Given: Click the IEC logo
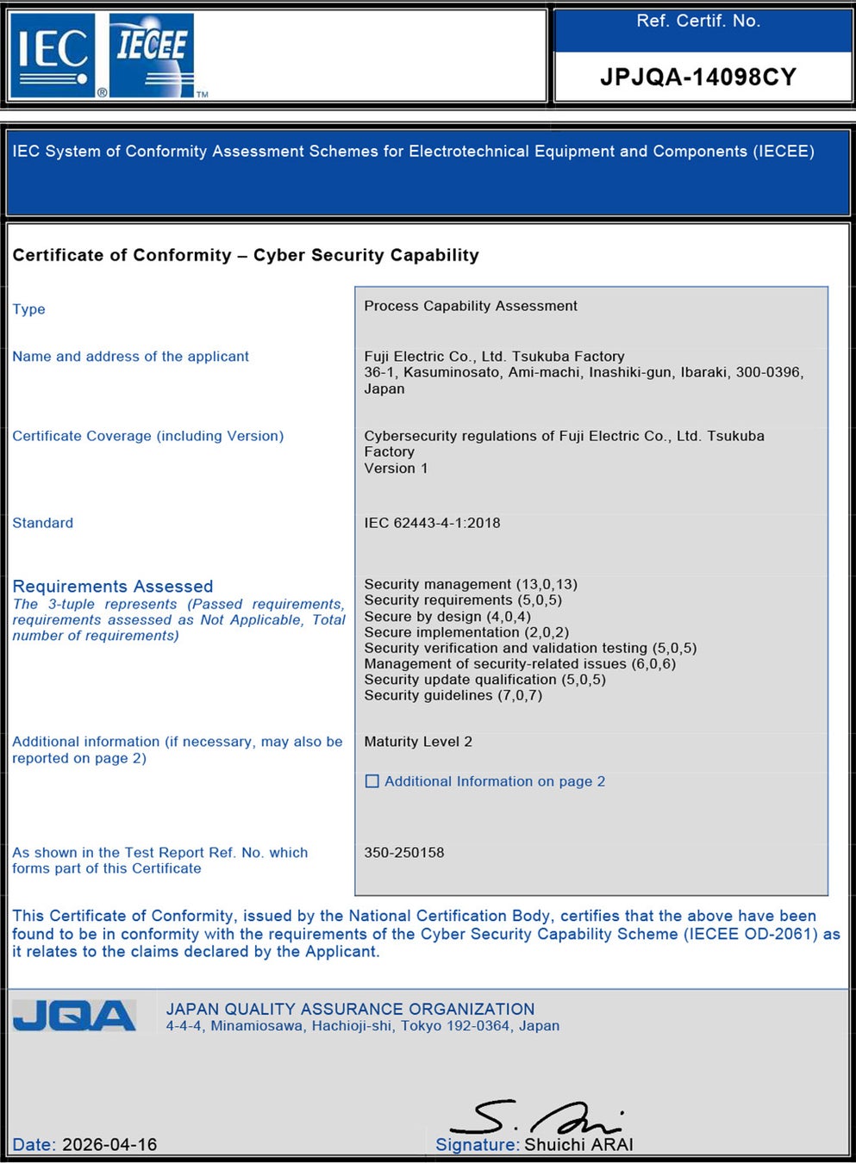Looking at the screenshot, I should coord(53,54).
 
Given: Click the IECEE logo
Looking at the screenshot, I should coord(152,54).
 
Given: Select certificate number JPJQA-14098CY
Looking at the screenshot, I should coord(697,78).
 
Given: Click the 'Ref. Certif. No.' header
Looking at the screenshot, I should coord(698,22).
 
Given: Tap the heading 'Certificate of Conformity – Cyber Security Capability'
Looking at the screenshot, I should coord(246,255).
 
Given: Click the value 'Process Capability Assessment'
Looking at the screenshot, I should coord(471,306).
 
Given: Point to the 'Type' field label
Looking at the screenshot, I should coord(28,309).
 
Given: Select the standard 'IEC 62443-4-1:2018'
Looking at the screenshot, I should coord(432,523).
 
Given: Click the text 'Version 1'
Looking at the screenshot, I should coord(396,468).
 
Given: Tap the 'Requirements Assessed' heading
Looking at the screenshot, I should coord(113,586).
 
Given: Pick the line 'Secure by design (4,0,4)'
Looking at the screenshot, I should coord(447,616).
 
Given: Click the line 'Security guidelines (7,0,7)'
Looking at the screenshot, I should coord(453,695).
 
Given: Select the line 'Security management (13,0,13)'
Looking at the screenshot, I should coord(471,584).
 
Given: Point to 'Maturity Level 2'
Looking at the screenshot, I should coord(418,742).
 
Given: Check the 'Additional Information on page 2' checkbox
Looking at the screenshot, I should coord(372,781).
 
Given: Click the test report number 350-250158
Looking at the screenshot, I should coord(404,853).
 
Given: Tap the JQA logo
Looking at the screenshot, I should coord(75,1017).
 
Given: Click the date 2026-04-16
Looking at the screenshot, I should coord(109,1144).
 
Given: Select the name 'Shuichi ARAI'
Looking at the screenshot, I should coord(578,1144).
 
